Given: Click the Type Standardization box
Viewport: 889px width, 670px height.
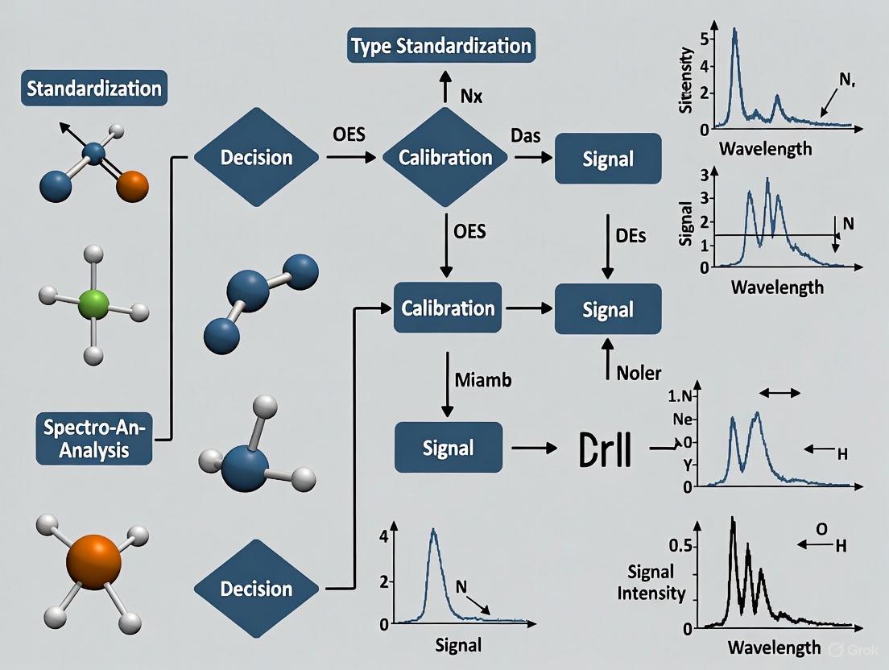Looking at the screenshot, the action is (441, 46).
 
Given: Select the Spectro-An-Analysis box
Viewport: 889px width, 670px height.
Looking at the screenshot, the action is (93, 437).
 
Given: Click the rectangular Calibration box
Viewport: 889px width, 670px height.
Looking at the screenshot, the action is (447, 308).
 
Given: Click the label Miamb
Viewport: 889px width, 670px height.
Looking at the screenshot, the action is (483, 381).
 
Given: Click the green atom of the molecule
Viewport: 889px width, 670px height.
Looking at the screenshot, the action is (93, 306).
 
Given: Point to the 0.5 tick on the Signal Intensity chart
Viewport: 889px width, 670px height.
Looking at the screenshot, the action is (680, 547).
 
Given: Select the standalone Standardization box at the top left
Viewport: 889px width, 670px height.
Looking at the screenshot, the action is (94, 89).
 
